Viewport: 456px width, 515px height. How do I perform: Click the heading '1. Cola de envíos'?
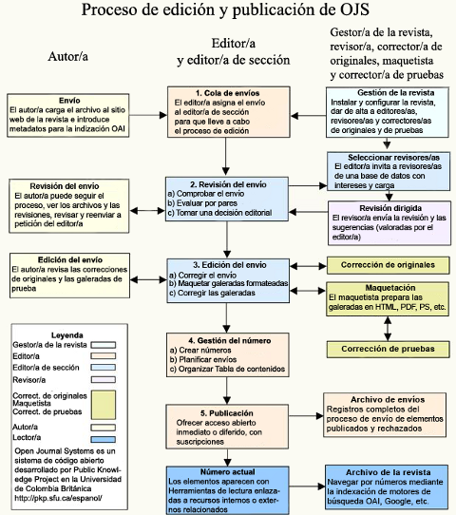[x=227, y=93]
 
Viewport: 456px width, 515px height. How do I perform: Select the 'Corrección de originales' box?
[x=388, y=265]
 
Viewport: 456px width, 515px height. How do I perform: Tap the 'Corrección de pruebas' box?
[x=388, y=349]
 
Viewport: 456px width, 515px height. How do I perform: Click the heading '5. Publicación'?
[x=226, y=412]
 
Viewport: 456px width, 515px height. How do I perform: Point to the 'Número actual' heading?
[x=227, y=472]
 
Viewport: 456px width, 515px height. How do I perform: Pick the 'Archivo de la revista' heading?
[x=388, y=472]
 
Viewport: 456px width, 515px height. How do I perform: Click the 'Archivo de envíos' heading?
[x=388, y=400]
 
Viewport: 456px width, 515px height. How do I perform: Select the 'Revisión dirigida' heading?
[x=390, y=208]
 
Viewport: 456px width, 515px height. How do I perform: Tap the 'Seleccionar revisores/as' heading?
[x=393, y=158]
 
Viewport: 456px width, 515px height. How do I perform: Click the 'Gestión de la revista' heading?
[x=395, y=92]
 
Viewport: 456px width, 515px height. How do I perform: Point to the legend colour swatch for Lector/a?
[x=104, y=439]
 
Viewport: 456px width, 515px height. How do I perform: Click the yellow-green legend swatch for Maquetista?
[x=104, y=405]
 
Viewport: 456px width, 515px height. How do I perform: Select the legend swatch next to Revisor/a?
[x=104, y=380]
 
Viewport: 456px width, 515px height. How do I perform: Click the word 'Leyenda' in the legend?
[x=66, y=335]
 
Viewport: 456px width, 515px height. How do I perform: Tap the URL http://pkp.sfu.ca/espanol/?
[x=58, y=498]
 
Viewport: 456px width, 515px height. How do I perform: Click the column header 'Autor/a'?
[x=68, y=56]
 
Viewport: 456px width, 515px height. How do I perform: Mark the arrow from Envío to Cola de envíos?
[x=148, y=115]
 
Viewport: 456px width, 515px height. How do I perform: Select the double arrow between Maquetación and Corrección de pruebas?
[x=388, y=329]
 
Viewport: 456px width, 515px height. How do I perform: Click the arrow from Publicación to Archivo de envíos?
[x=306, y=416]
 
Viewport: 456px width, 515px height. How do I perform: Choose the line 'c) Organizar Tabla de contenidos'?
[x=227, y=369]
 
